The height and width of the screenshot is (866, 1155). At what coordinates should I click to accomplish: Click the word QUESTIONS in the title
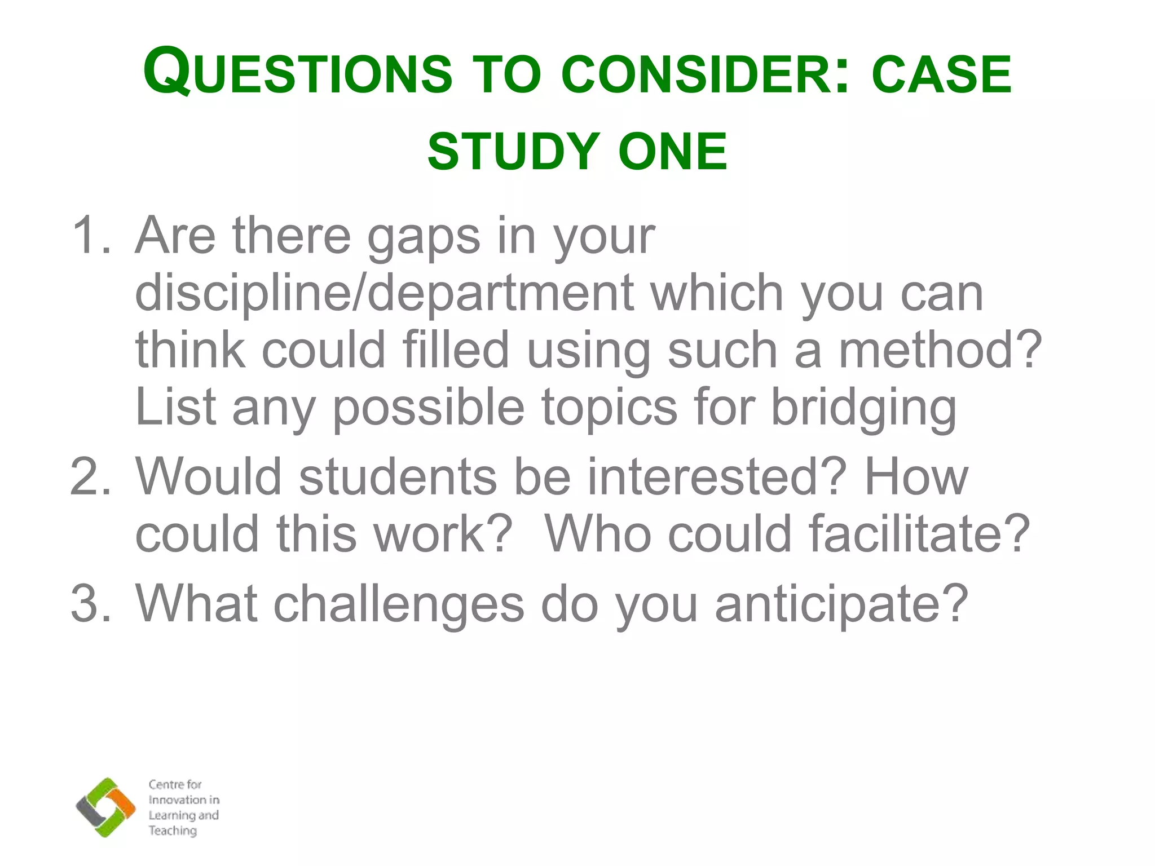tap(298, 73)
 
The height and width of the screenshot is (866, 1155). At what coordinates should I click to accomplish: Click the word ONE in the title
tap(673, 151)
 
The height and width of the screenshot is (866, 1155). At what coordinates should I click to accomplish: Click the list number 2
tap(90, 476)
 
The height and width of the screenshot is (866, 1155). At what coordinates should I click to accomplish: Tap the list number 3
tap(90, 603)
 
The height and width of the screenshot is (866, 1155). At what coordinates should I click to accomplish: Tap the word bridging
tap(863, 408)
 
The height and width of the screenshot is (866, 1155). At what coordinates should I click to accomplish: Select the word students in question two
tap(398, 476)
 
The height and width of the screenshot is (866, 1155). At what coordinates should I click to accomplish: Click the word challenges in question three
tap(399, 604)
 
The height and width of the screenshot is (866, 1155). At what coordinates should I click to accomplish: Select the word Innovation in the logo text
tap(177, 799)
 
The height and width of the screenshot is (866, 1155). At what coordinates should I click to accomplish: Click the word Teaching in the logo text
tap(173, 830)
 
